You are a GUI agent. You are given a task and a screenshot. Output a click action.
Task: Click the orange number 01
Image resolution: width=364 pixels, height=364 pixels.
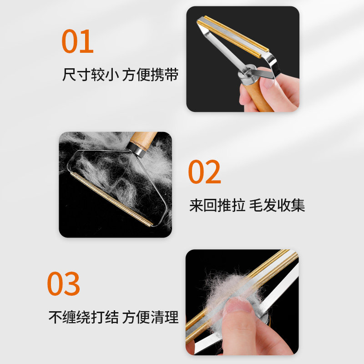coord(77,41)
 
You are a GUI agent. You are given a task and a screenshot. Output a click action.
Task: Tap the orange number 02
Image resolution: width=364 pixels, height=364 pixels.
coord(204,172)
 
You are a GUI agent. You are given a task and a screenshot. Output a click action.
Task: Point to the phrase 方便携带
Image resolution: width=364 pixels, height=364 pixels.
coord(150,74)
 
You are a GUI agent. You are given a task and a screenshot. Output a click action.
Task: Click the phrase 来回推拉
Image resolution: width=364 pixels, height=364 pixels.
coord(216,205)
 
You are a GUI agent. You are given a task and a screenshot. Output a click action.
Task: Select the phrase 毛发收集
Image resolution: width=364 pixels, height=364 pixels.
coord(277,205)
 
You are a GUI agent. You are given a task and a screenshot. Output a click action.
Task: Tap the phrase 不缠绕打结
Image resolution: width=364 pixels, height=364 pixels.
coord(82,317)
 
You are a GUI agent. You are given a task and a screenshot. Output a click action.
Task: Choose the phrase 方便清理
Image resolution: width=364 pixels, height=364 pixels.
coord(150,317)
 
